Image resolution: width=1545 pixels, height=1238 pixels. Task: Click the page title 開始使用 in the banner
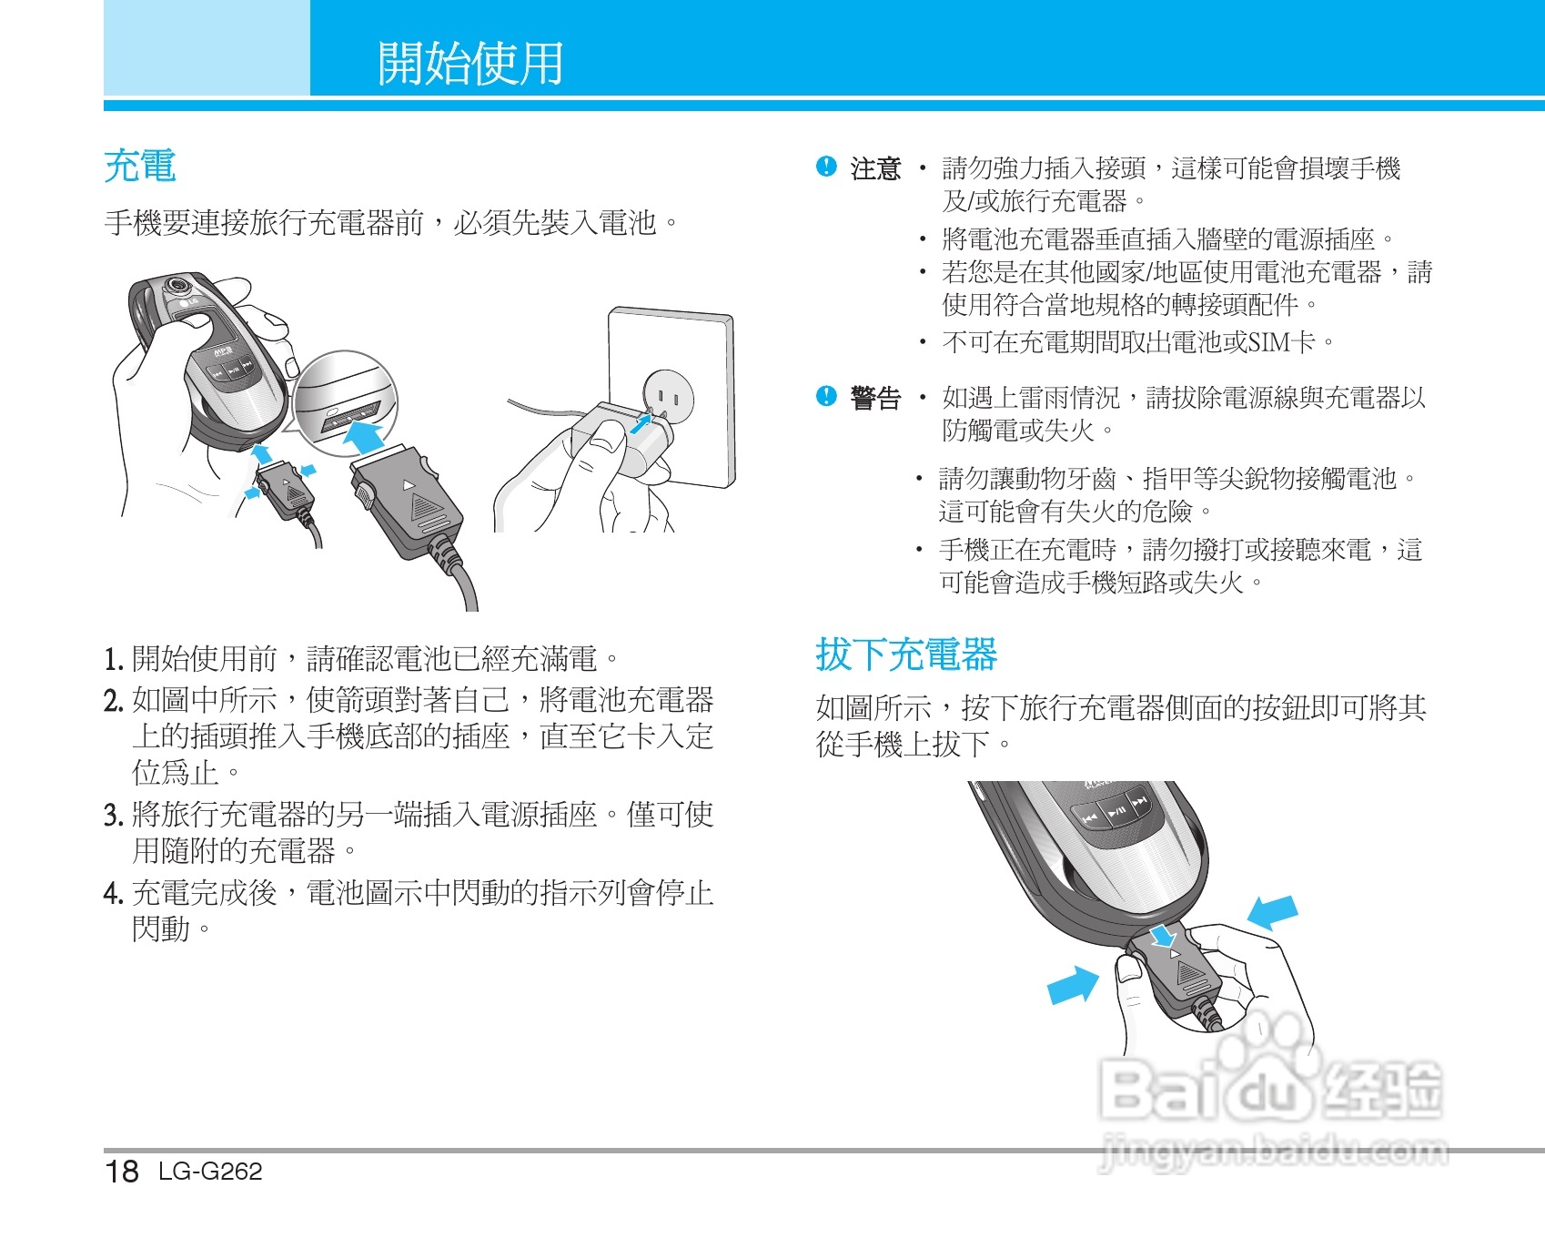tap(470, 63)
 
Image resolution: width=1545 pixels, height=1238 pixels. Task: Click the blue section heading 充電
tap(139, 167)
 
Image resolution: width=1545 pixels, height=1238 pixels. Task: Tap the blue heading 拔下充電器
tap(905, 655)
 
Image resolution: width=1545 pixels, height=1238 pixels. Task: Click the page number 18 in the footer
tap(122, 1171)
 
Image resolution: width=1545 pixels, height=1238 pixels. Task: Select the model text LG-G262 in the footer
tap(210, 1171)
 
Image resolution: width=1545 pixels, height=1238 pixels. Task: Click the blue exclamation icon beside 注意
tap(826, 167)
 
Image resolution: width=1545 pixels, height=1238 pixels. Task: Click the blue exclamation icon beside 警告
tap(826, 396)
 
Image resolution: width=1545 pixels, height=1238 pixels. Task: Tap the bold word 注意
tap(874, 168)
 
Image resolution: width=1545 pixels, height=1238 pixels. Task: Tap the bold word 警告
tap(874, 398)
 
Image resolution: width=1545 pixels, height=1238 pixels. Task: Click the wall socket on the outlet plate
tap(668, 394)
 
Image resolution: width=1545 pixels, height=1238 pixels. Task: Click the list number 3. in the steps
tap(113, 815)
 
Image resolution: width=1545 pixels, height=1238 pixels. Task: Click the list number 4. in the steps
tap(113, 893)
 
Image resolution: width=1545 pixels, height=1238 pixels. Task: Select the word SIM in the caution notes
tap(1270, 342)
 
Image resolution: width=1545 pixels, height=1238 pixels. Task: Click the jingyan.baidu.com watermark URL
tap(1274, 1152)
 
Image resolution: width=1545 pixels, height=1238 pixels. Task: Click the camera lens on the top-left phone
tap(175, 286)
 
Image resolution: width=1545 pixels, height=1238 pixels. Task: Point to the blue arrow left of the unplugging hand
tap(1074, 985)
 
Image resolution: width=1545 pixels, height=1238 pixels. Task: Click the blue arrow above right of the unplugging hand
tap(1272, 910)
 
